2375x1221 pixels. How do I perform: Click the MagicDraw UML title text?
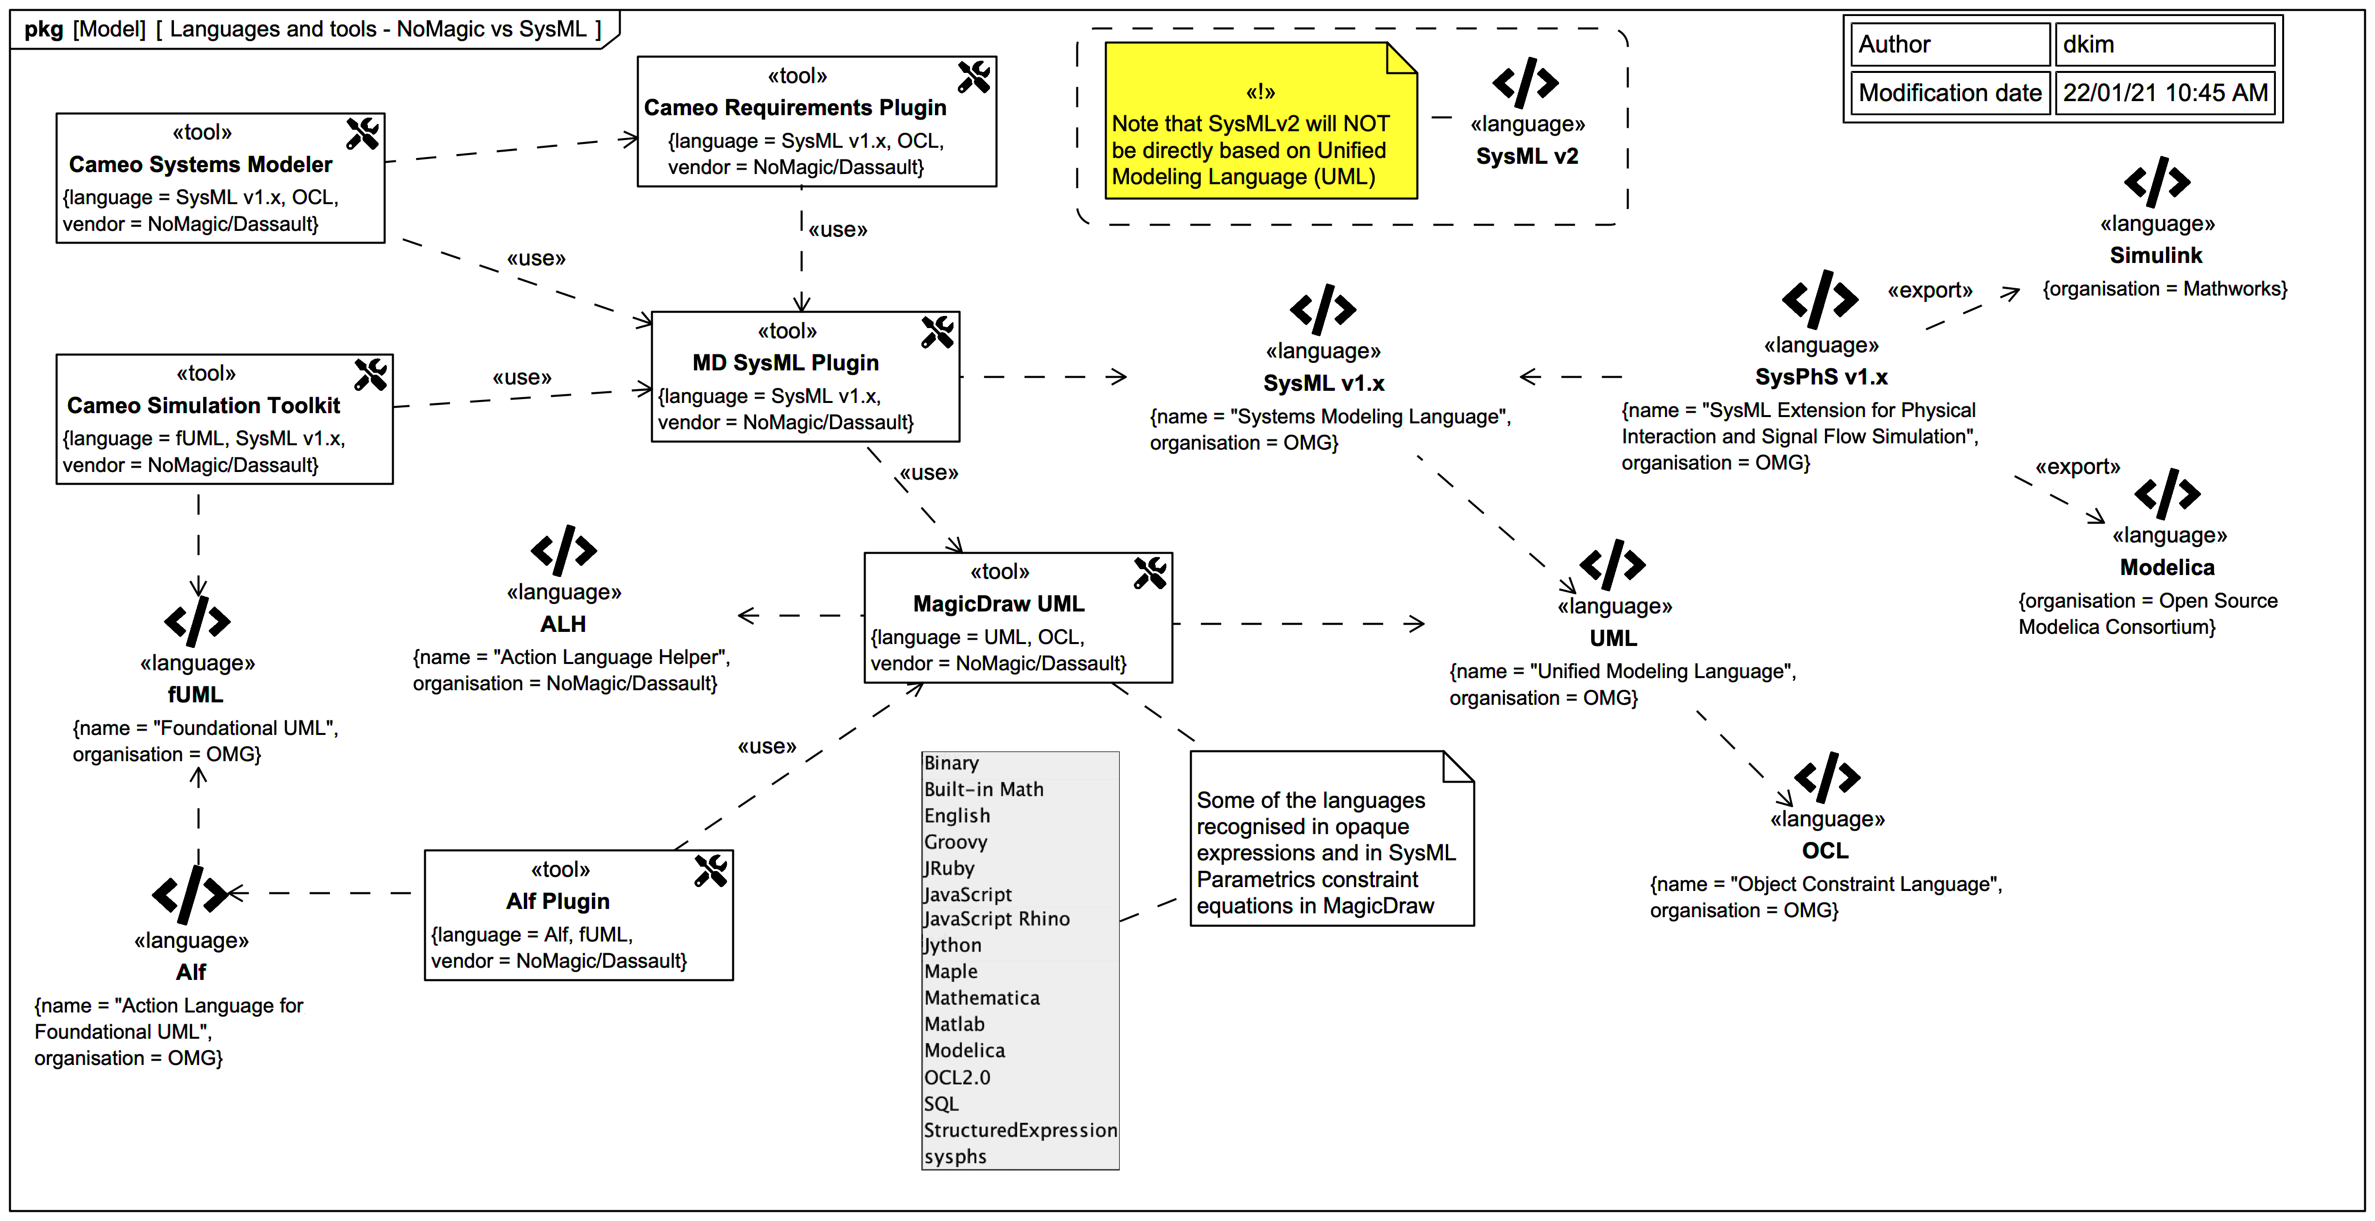(x=999, y=604)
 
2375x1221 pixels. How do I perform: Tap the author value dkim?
(x=2088, y=44)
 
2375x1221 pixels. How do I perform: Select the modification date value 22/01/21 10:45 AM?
(x=2164, y=93)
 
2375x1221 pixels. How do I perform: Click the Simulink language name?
(x=2155, y=256)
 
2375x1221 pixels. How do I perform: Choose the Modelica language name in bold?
(x=2167, y=567)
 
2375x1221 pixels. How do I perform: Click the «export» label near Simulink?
(x=1930, y=291)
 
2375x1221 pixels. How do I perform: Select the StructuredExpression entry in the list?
(x=1020, y=1131)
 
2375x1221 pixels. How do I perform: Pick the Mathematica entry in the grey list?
(x=981, y=998)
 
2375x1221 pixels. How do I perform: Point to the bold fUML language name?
(x=195, y=695)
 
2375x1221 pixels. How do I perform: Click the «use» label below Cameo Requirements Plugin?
(x=837, y=229)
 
